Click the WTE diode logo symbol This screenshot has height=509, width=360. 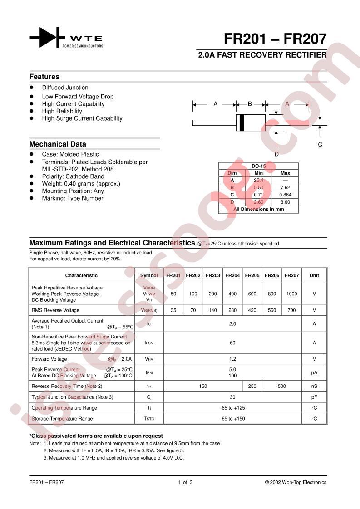(x=44, y=38)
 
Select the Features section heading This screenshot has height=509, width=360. (x=44, y=77)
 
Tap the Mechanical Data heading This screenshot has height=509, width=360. (x=58, y=144)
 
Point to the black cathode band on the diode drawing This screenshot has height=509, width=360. (x=242, y=122)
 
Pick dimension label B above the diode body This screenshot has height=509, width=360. (x=250, y=104)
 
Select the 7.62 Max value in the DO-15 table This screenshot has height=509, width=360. (x=285, y=187)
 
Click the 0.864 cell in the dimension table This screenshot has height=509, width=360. (x=285, y=194)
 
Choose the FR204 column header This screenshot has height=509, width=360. (x=232, y=275)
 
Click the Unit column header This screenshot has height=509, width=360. (x=314, y=275)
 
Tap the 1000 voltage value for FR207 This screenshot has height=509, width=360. (x=291, y=294)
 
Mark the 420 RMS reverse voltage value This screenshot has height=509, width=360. (x=252, y=310)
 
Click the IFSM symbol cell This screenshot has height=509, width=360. (x=149, y=343)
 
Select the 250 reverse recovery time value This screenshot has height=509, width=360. (x=252, y=386)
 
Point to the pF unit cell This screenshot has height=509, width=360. (x=314, y=397)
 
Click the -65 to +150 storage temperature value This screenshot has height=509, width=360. (x=232, y=419)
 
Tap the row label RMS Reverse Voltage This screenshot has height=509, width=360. (x=55, y=310)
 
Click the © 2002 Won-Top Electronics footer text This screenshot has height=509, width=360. (x=296, y=482)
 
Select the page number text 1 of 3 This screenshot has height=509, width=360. (x=185, y=482)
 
